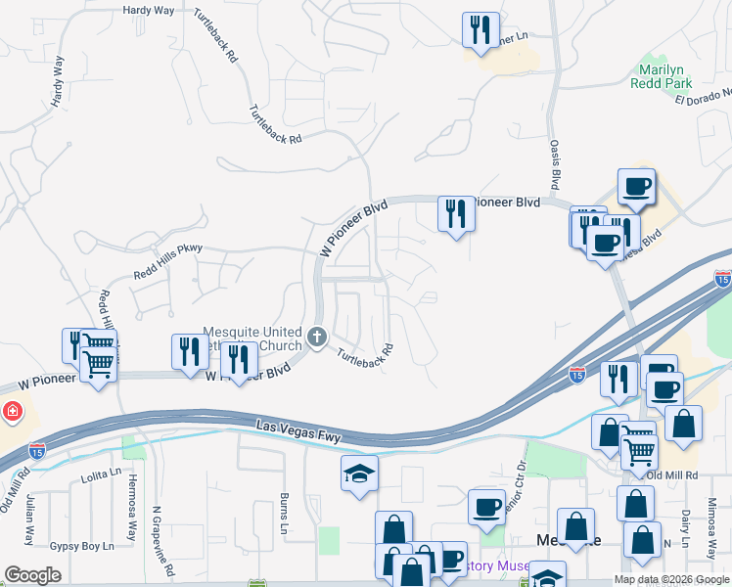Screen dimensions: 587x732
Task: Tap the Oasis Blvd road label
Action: coord(555,164)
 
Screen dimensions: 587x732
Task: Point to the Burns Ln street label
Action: coord(286,513)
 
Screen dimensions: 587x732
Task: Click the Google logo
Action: coord(33,574)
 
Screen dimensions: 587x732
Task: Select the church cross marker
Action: coord(316,338)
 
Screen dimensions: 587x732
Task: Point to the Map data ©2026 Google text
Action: coord(671,579)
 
